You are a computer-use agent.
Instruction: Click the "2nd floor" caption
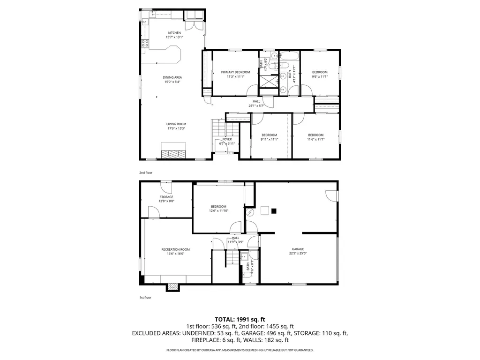(146, 172)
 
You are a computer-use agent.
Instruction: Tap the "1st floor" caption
(145, 297)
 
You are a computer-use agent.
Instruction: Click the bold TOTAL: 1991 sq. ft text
(240, 319)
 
